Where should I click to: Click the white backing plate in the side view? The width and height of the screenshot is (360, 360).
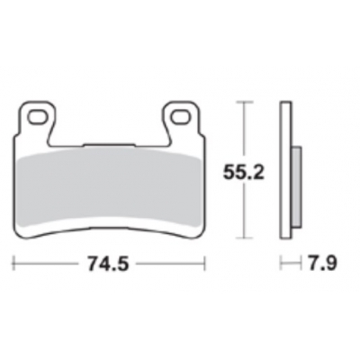(x=285, y=171)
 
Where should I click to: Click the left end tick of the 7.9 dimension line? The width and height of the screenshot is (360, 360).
(x=281, y=265)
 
